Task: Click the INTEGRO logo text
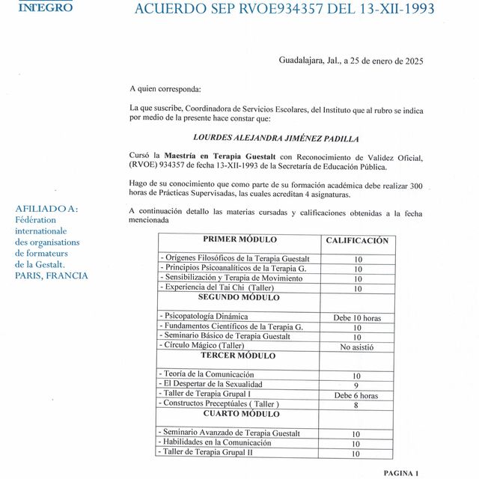(45, 7)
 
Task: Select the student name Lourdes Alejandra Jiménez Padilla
(275, 138)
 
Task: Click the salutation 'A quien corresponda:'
(165, 89)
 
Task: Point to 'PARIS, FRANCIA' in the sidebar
(51, 275)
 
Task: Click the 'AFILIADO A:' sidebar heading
(46, 209)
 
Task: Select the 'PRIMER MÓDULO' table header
(239, 240)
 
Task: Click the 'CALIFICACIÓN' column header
(357, 241)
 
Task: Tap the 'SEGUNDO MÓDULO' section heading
(239, 298)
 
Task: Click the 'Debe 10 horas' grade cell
(357, 317)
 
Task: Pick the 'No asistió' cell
(357, 347)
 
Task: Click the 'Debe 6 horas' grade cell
(357, 395)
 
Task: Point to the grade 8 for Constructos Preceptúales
(357, 405)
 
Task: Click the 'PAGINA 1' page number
(401, 473)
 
